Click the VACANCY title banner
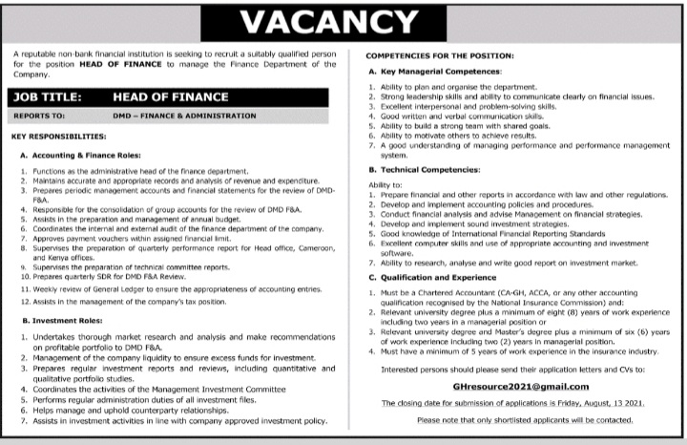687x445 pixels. tap(343, 22)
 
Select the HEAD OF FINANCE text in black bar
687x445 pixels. tap(171, 96)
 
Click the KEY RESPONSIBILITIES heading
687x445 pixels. tap(58, 136)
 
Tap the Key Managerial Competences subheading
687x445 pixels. tap(440, 72)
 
